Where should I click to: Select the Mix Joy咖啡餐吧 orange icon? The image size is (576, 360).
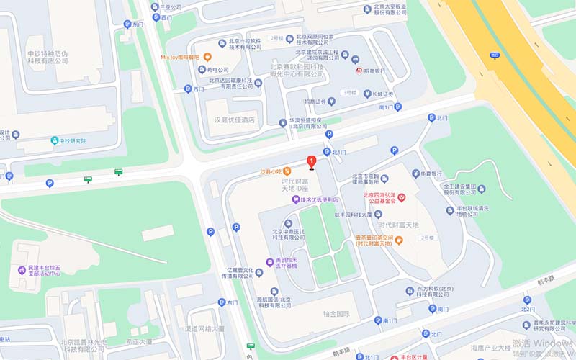207,57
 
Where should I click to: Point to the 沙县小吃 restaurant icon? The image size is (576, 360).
287,171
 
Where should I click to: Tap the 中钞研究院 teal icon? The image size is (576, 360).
55,140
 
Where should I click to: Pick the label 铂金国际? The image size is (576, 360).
336,314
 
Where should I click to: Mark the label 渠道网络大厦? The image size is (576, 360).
204,329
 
